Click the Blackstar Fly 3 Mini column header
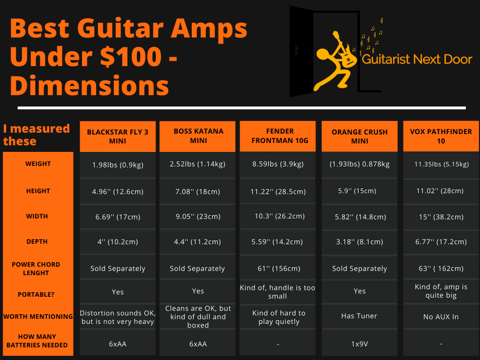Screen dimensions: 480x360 click(118, 136)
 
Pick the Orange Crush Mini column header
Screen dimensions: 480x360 click(360, 136)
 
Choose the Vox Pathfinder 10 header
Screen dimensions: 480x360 click(441, 136)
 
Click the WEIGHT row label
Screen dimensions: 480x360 click(38, 164)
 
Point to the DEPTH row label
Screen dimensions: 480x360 click(37, 241)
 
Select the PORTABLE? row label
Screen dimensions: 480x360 click(36, 294)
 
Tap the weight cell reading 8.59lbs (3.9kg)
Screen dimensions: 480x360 click(277, 164)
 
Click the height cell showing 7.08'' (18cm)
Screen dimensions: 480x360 click(197, 192)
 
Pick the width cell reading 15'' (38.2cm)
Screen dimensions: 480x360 click(441, 217)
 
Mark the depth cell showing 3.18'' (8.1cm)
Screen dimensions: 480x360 click(360, 241)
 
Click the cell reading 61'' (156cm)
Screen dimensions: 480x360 click(278, 269)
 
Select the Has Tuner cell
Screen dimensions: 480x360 click(359, 315)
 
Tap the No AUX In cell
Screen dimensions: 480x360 click(441, 317)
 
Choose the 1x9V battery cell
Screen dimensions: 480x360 click(360, 344)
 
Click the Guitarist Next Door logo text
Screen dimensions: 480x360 click(417, 59)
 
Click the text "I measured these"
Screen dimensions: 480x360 click(36, 135)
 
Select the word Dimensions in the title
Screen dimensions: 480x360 click(90, 86)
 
